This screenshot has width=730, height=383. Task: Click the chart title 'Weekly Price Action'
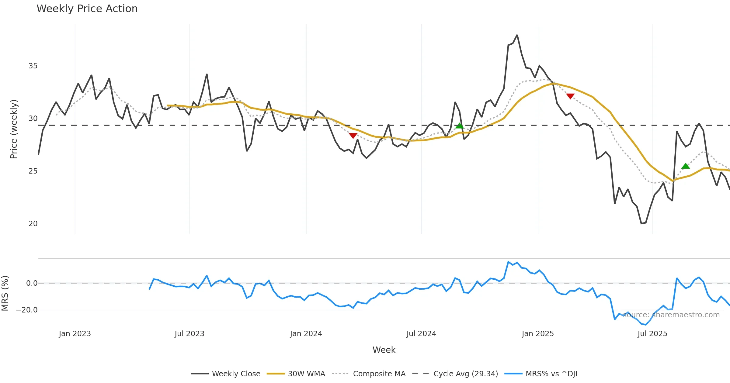pos(87,9)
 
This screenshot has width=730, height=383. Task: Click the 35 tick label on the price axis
pos(33,66)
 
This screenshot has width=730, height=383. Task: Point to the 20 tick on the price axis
pos(33,224)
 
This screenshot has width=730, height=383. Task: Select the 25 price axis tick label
pos(33,171)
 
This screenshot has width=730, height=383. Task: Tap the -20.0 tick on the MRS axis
pos(27,310)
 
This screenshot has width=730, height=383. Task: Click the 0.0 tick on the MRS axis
pos(32,283)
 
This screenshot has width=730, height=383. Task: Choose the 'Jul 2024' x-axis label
pos(421,334)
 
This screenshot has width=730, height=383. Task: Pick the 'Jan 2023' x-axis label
pos(75,334)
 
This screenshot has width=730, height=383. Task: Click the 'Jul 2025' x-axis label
pos(652,334)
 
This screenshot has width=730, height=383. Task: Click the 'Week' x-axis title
pos(384,350)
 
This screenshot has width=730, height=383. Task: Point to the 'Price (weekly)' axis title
pos(14,129)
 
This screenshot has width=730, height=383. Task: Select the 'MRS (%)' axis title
pos(5,293)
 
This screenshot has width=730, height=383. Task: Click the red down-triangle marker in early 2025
pos(570,96)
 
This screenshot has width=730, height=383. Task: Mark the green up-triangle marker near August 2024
pos(459,126)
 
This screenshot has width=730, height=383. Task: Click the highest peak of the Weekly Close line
pos(517,35)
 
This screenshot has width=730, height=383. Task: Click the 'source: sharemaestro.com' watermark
pos(671,315)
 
